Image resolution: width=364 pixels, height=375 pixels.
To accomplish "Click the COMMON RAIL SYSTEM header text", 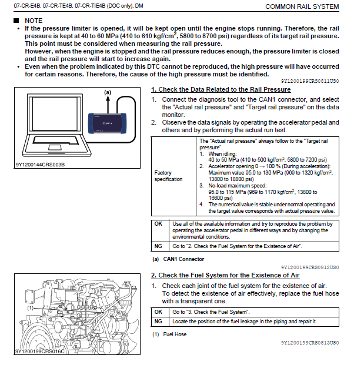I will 302,6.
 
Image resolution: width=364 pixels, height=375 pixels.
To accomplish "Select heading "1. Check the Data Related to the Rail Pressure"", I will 221,89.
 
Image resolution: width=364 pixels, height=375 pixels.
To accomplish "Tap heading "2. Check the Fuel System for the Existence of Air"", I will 225,275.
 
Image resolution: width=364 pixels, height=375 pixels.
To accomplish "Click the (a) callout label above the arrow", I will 108,92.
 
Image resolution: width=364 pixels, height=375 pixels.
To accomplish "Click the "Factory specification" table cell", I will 168,176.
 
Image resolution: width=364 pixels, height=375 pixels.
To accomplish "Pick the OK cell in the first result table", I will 158,224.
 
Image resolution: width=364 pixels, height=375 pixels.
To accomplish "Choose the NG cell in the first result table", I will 158,246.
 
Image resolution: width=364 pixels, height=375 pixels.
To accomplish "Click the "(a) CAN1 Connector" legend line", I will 178,259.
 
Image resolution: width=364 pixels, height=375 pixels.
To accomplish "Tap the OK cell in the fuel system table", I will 158,312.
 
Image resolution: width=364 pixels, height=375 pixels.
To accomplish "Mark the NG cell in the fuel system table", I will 158,322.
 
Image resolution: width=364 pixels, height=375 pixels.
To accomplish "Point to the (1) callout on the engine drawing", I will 29,307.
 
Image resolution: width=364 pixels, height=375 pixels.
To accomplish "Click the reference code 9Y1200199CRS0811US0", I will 309,81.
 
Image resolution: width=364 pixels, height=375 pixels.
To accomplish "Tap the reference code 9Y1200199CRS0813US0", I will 309,342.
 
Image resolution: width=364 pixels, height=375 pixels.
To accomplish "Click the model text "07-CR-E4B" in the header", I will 22,6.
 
